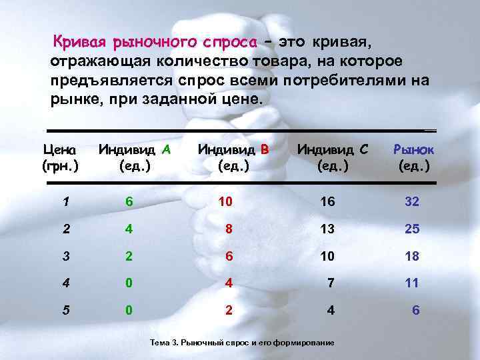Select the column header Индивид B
click(x=233, y=157)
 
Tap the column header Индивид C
click(x=331, y=157)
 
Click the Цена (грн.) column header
click(x=59, y=157)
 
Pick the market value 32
click(x=411, y=201)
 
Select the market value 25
click(x=411, y=229)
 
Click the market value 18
click(x=411, y=256)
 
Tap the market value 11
click(x=411, y=283)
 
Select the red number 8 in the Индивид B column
click(x=229, y=229)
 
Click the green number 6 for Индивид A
click(x=130, y=201)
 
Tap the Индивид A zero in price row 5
click(x=130, y=310)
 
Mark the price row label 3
click(x=65, y=256)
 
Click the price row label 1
click(x=65, y=201)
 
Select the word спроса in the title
click(x=226, y=43)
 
